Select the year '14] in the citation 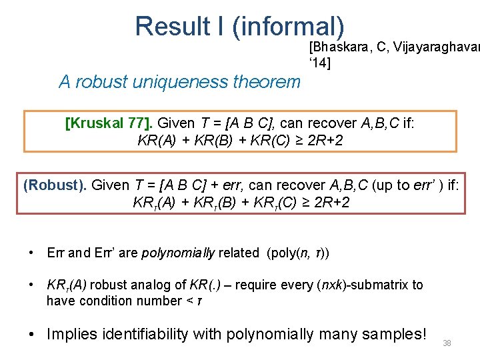point(319,63)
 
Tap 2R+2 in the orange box point(323,140)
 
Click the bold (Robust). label point(55,185)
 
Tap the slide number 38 point(447,343)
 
